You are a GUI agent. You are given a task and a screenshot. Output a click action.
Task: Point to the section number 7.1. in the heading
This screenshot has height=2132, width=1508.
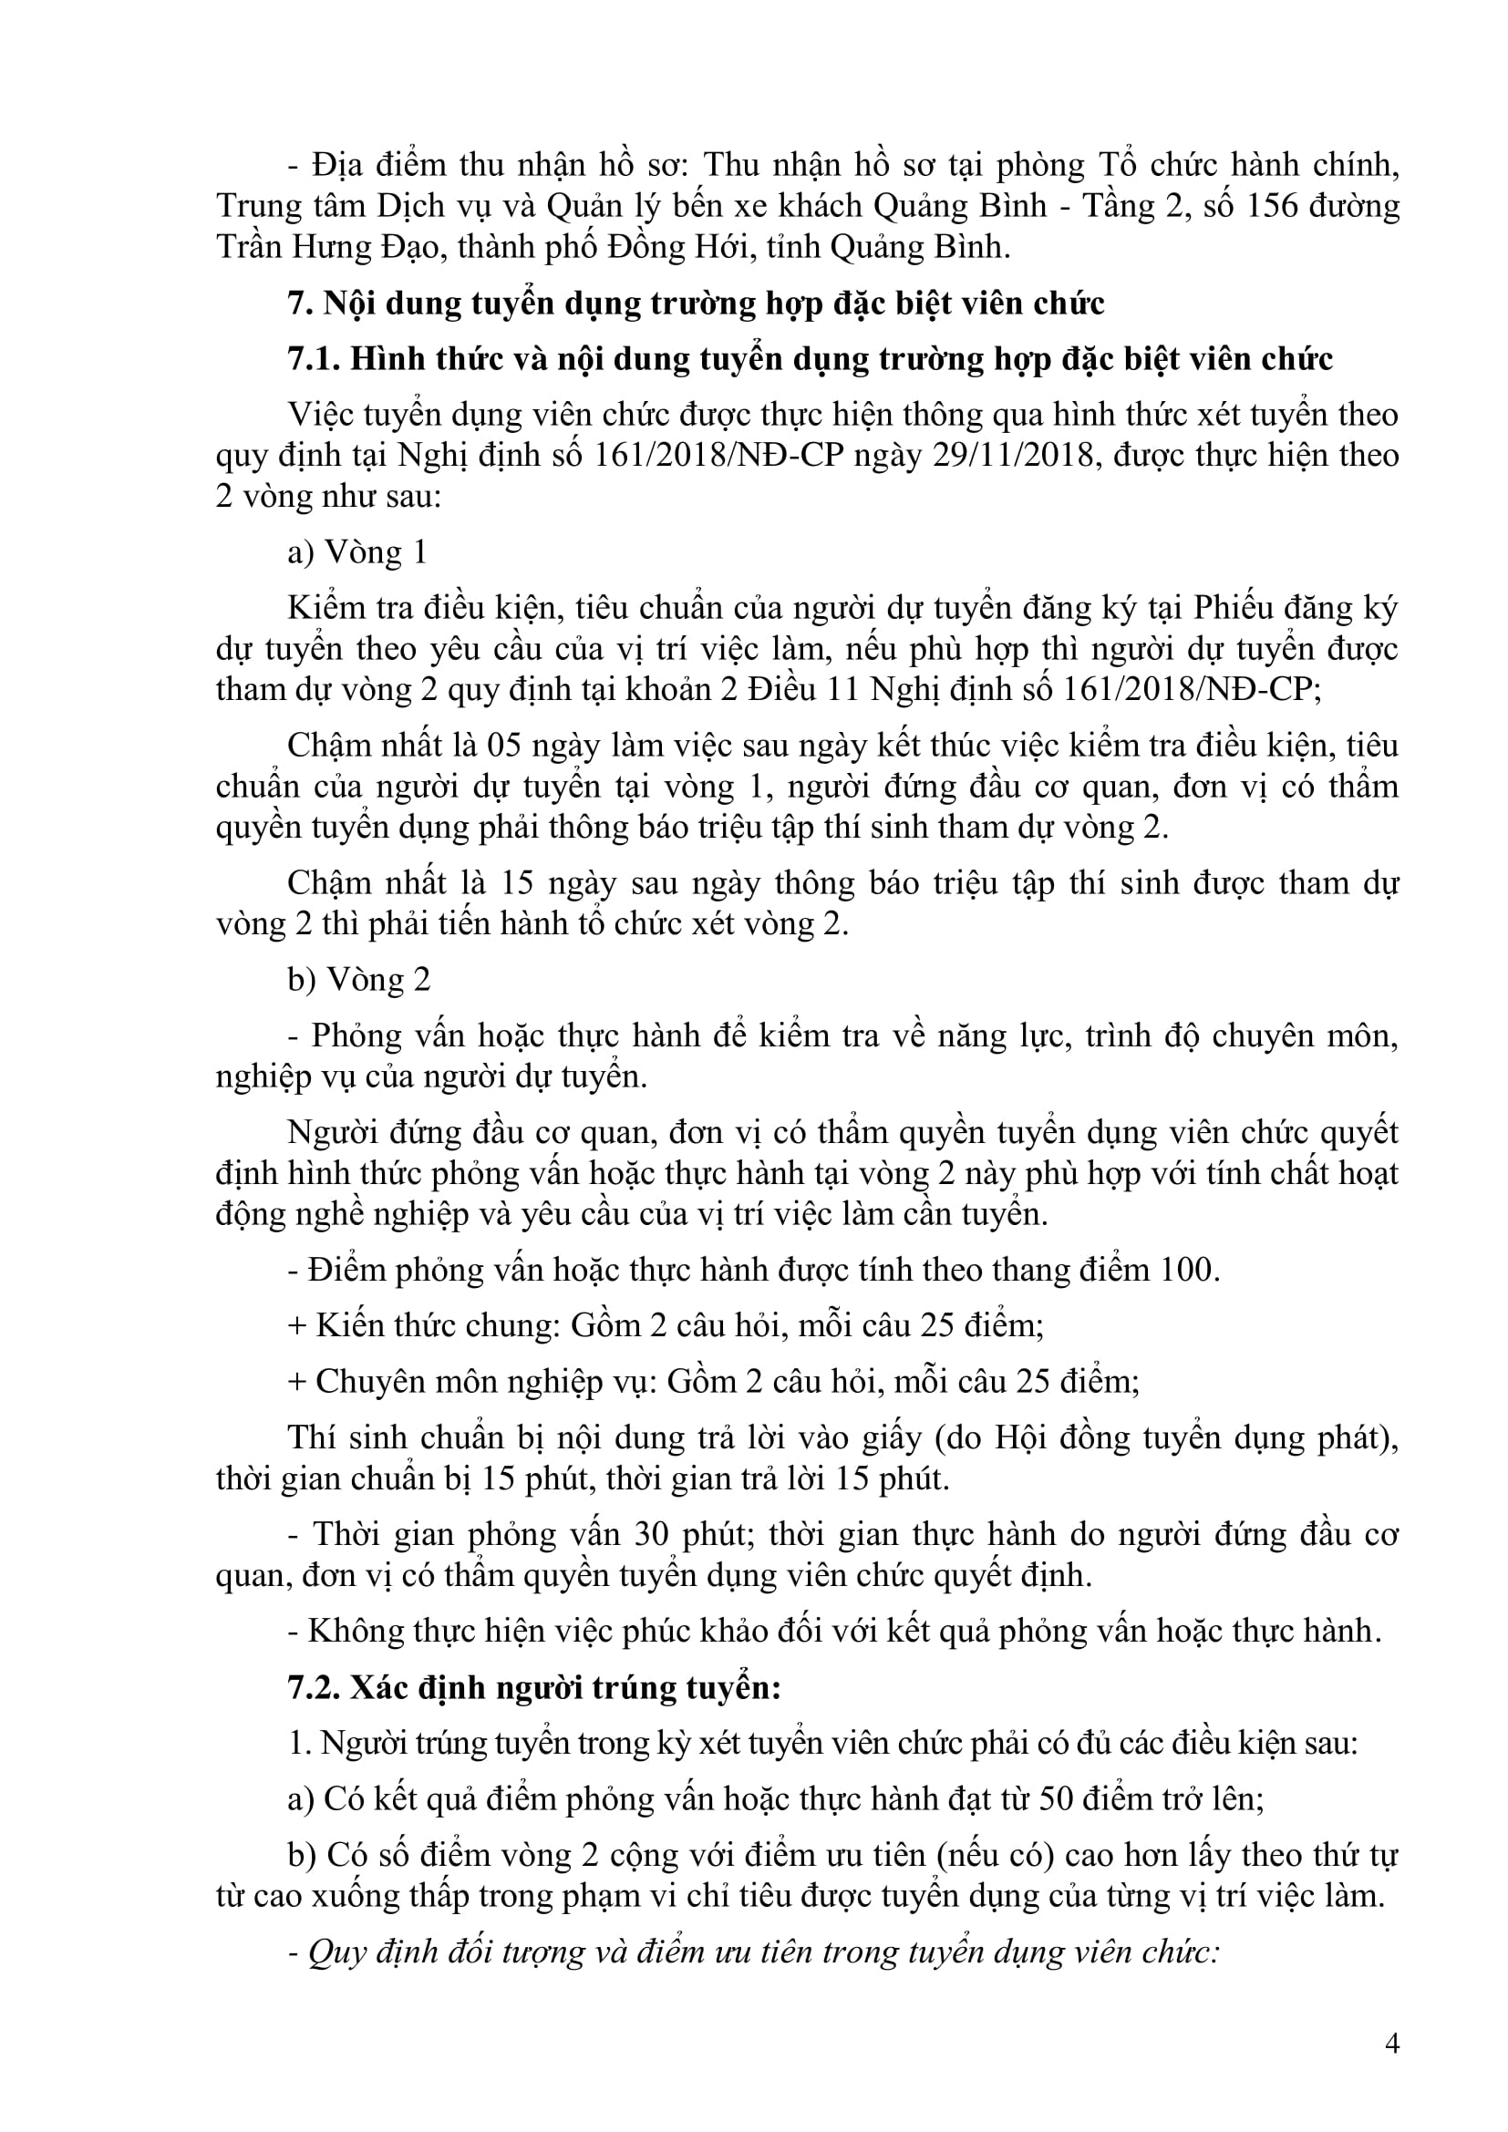click(314, 358)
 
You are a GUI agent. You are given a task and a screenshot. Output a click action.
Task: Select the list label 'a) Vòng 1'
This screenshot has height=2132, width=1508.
click(357, 552)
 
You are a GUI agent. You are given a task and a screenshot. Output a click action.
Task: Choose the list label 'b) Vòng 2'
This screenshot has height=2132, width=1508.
click(358, 980)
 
